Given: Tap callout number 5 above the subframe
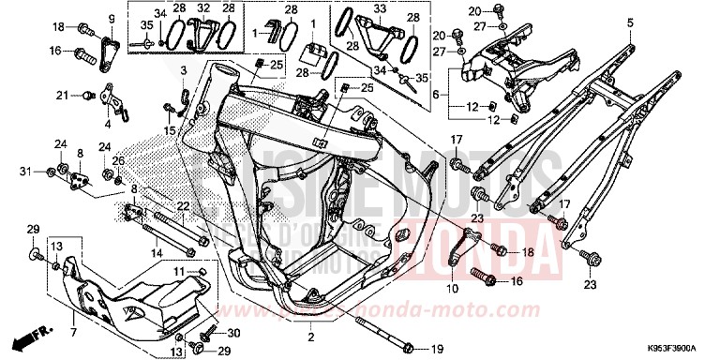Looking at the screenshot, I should pyautogui.click(x=630, y=22).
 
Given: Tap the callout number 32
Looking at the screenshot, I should pyautogui.click(x=202, y=8).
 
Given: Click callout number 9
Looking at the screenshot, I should pyautogui.click(x=110, y=18).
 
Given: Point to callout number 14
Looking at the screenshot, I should pyautogui.click(x=155, y=253).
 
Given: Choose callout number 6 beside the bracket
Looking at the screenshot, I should pyautogui.click(x=434, y=95).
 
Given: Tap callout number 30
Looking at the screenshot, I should pyautogui.click(x=233, y=333).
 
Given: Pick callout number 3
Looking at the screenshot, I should pyautogui.click(x=184, y=70).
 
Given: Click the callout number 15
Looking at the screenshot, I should pyautogui.click(x=169, y=130).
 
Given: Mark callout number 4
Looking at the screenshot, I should pyautogui.click(x=107, y=123).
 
